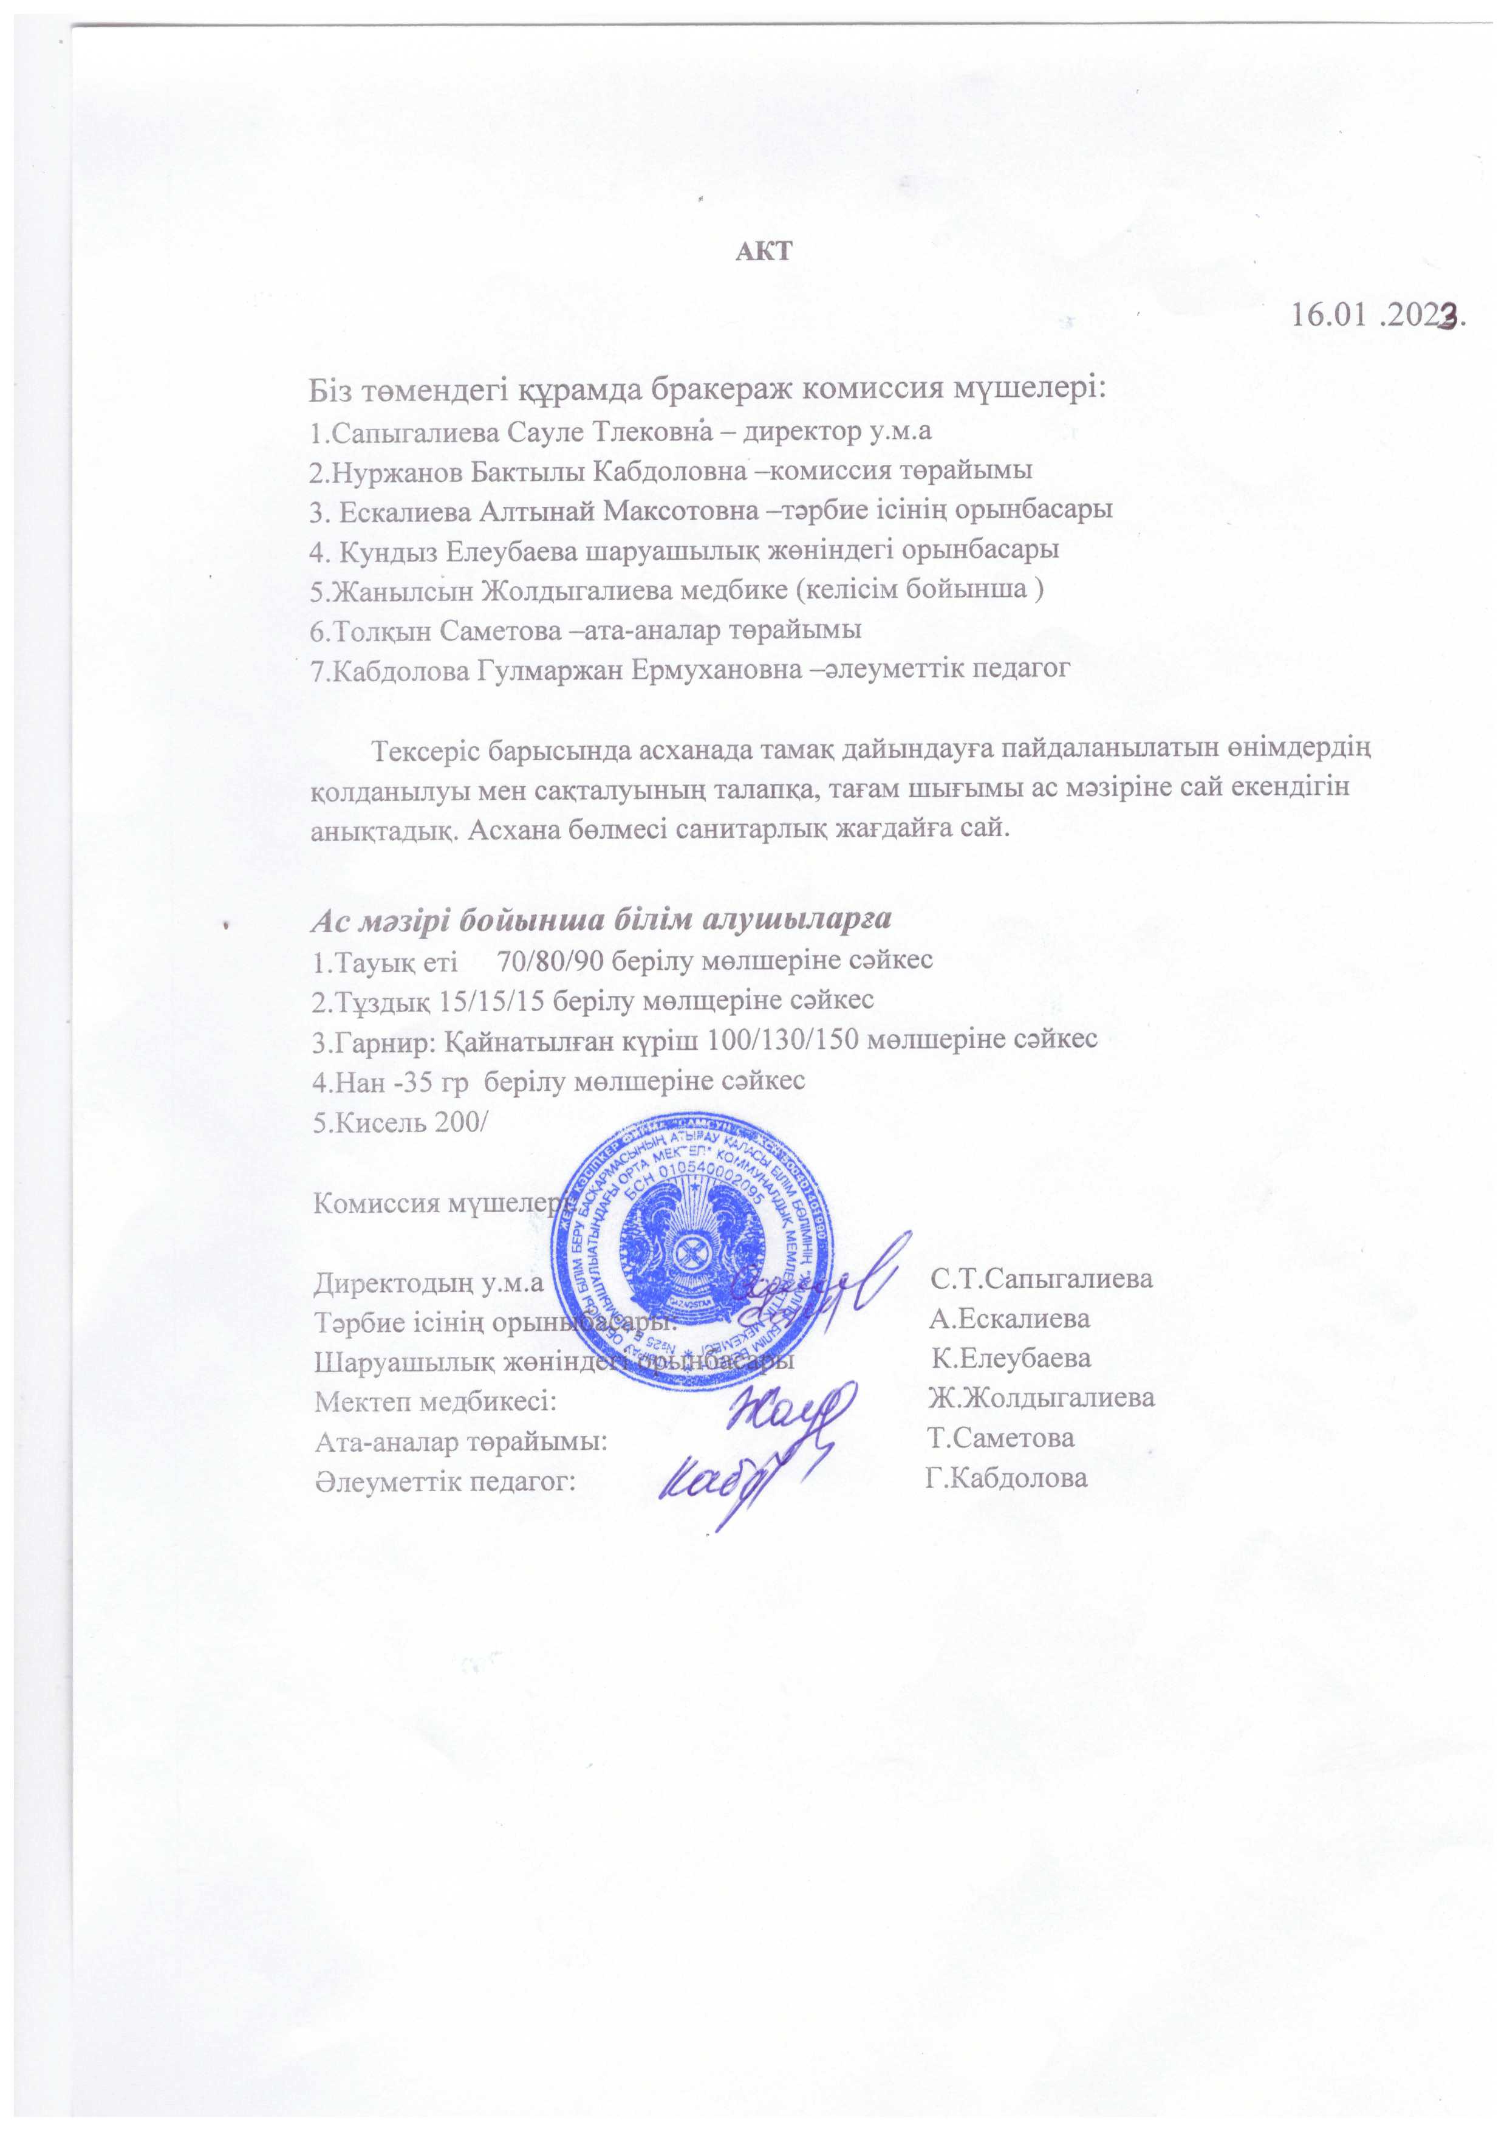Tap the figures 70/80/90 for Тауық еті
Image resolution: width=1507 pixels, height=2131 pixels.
[550, 959]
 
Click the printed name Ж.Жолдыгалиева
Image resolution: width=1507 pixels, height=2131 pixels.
[1041, 1399]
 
